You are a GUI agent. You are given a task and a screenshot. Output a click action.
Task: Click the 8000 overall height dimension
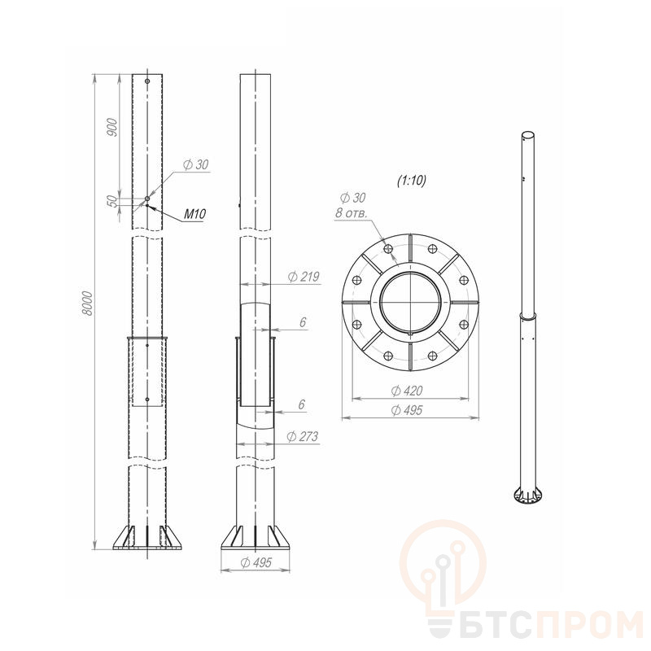[88, 304]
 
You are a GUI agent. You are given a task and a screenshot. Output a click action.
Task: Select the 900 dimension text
[112, 128]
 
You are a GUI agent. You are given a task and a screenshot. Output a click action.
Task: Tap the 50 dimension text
[112, 201]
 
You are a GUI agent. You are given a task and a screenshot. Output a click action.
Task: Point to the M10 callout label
[194, 214]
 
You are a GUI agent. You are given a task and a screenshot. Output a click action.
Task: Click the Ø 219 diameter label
[304, 277]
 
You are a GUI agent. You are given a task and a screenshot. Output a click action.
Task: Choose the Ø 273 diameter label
[303, 436]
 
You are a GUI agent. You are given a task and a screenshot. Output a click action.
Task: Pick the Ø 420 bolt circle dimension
[408, 391]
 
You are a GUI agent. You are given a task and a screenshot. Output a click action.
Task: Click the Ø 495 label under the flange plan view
[408, 410]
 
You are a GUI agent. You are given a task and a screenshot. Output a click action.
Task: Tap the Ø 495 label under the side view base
[256, 562]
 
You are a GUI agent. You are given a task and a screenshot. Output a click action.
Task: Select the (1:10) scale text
[412, 181]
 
